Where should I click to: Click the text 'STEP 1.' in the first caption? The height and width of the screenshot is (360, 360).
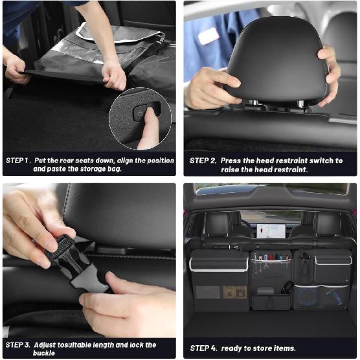tap(18, 160)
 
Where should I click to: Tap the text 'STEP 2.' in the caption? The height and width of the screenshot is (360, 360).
tap(203, 160)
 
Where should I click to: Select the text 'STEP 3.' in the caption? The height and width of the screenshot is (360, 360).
tap(18, 345)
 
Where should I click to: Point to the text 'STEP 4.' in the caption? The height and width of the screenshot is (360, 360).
tap(203, 348)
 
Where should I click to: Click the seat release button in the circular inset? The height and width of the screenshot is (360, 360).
tap(141, 113)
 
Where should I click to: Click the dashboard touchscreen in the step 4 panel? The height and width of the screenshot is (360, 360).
tap(271, 231)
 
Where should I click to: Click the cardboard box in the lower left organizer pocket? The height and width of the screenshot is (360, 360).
tap(234, 293)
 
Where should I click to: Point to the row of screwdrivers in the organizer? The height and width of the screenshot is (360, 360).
tap(270, 263)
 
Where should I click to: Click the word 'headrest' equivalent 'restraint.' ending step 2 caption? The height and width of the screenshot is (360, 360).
tap(291, 170)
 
